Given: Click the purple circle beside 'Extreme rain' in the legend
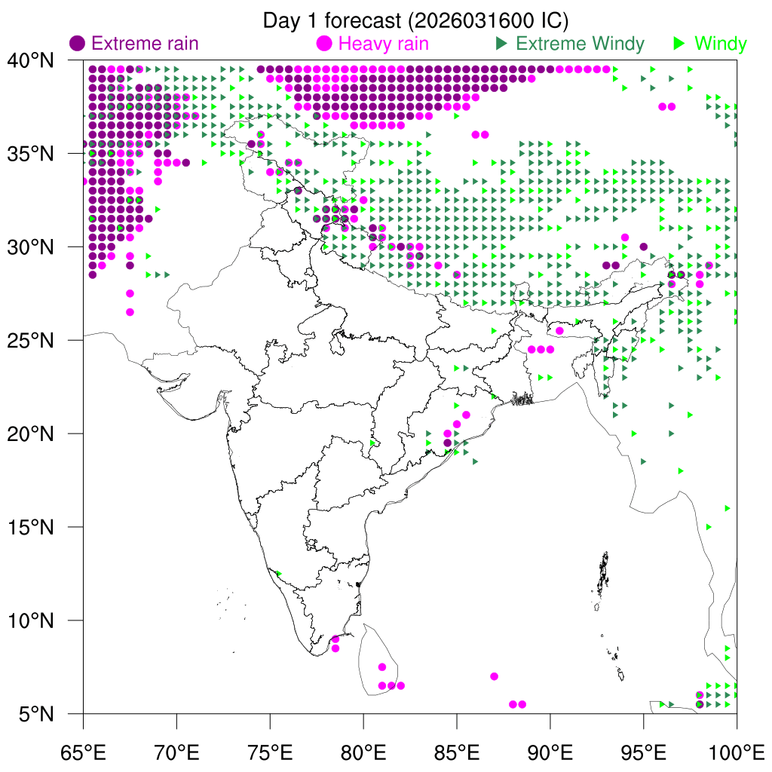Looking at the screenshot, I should (77, 44).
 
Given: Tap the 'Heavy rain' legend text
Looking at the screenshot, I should (384, 44).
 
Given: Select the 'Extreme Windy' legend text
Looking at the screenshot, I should (580, 44).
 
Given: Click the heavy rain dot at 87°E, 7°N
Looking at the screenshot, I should (494, 676).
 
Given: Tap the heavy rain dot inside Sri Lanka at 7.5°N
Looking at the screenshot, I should (382, 667).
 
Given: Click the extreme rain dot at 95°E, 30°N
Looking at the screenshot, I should (644, 247).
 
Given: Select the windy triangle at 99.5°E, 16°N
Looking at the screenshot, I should (728, 508).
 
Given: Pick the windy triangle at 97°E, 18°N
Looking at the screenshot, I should (681, 470).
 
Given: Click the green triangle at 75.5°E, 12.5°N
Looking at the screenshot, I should (279, 574).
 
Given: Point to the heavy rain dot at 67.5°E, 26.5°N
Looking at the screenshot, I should (130, 312).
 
